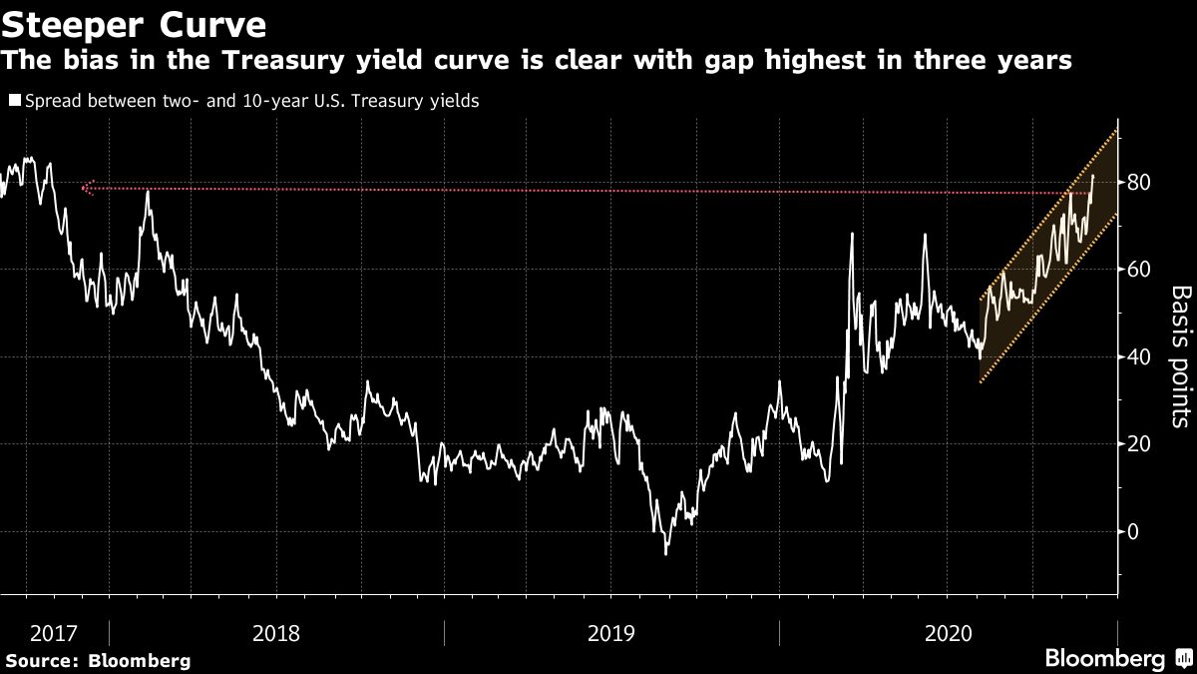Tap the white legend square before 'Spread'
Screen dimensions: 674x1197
pyautogui.click(x=13, y=101)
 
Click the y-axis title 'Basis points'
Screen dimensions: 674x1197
pyautogui.click(x=1180, y=355)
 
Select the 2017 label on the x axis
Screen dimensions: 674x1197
pyautogui.click(x=54, y=633)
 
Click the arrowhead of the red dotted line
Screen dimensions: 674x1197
pyautogui.click(x=86, y=187)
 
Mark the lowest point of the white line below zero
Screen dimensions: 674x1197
pyautogui.click(x=665, y=553)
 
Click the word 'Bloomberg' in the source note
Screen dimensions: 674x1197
pyautogui.click(x=139, y=661)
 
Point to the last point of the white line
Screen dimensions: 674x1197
pyautogui.click(x=1093, y=176)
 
